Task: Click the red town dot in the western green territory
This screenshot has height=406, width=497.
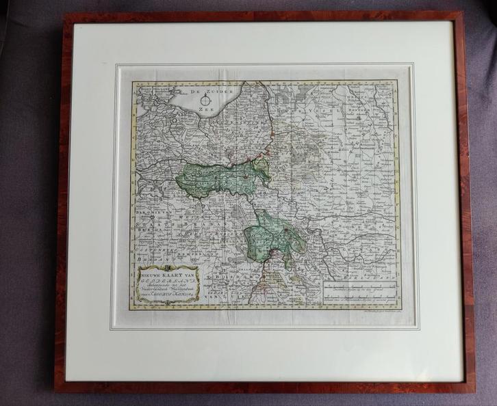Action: pos(244,176)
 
